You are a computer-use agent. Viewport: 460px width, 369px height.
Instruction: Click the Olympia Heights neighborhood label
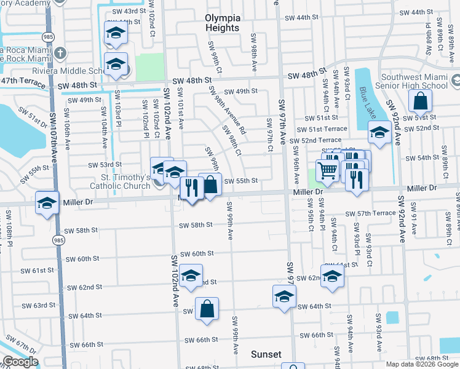pyautogui.click(x=223, y=23)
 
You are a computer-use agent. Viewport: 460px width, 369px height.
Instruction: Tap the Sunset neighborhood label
pyautogui.click(x=266, y=354)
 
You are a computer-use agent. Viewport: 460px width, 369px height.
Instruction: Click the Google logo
pyautogui.click(x=20, y=362)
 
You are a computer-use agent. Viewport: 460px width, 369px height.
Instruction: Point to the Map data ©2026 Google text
pyautogui.click(x=422, y=364)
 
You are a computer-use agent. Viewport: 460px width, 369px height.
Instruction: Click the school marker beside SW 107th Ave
pyautogui.click(x=47, y=202)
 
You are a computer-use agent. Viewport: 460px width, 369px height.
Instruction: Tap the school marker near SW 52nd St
pyautogui.click(x=379, y=132)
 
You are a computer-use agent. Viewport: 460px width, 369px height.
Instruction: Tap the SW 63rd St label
pyautogui.click(x=39, y=306)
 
